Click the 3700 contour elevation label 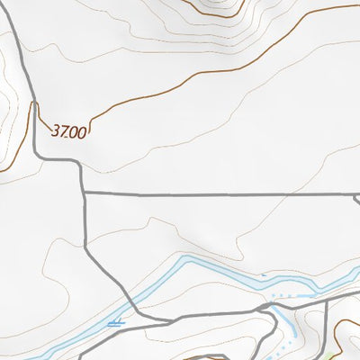pos(69,131)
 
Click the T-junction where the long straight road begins pos(84,193)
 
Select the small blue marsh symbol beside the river pos(114,321)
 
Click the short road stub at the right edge pos(356,199)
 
